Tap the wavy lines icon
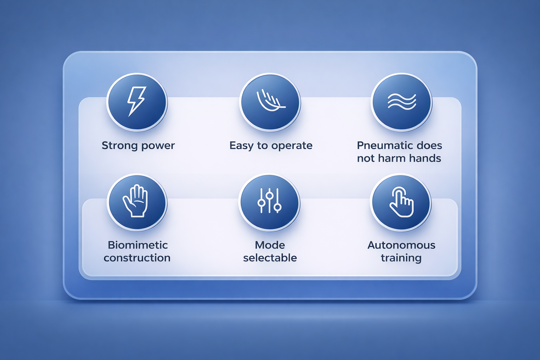(401, 102)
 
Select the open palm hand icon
(135, 201)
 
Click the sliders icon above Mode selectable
(269, 201)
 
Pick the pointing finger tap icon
(401, 202)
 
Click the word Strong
(120, 146)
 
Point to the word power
(158, 146)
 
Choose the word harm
(390, 159)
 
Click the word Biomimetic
(138, 245)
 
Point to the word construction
(137, 258)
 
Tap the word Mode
(270, 245)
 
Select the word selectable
(270, 258)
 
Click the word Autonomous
(401, 245)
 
